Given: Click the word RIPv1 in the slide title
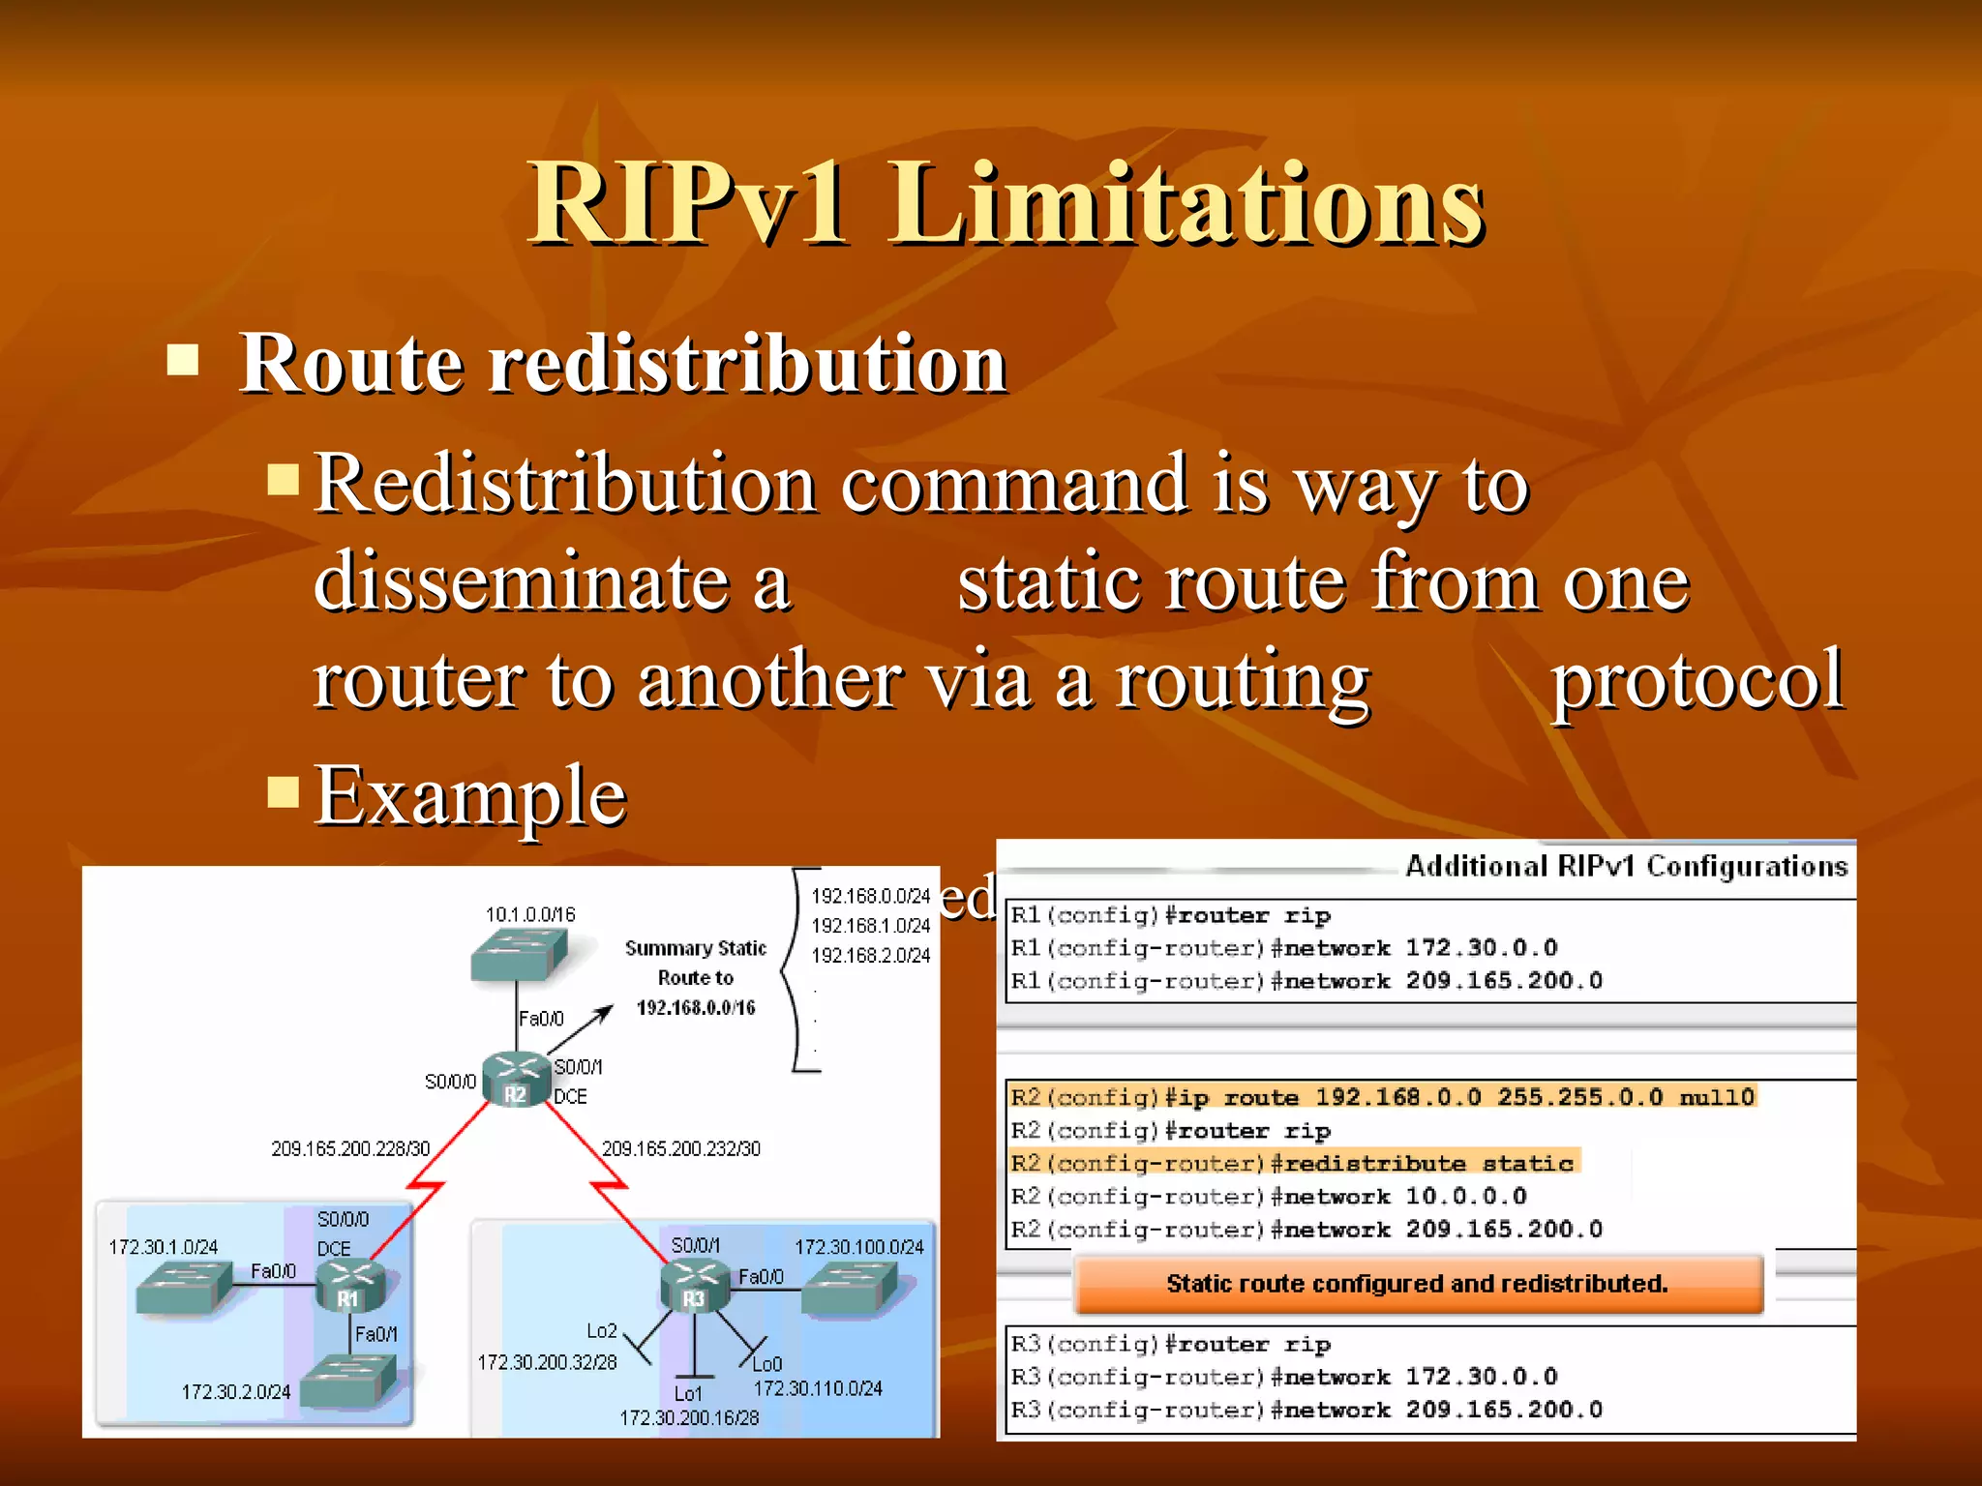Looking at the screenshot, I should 687,203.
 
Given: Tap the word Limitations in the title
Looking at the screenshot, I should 1186,203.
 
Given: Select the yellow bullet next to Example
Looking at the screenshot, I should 284,790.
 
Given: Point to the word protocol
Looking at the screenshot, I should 1697,680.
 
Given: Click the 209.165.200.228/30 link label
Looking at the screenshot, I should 350,1148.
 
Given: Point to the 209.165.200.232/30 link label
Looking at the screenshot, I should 681,1148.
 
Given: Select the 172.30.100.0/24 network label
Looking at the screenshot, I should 859,1247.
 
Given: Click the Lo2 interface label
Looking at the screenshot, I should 601,1331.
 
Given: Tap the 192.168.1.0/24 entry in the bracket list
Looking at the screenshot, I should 870,926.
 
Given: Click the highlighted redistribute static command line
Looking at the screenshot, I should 1293,1163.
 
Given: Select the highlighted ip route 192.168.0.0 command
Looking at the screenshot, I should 1382,1097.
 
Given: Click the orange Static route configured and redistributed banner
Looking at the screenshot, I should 1418,1284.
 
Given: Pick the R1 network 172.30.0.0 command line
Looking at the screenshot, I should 1284,948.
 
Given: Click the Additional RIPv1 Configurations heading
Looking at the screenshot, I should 1626,866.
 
